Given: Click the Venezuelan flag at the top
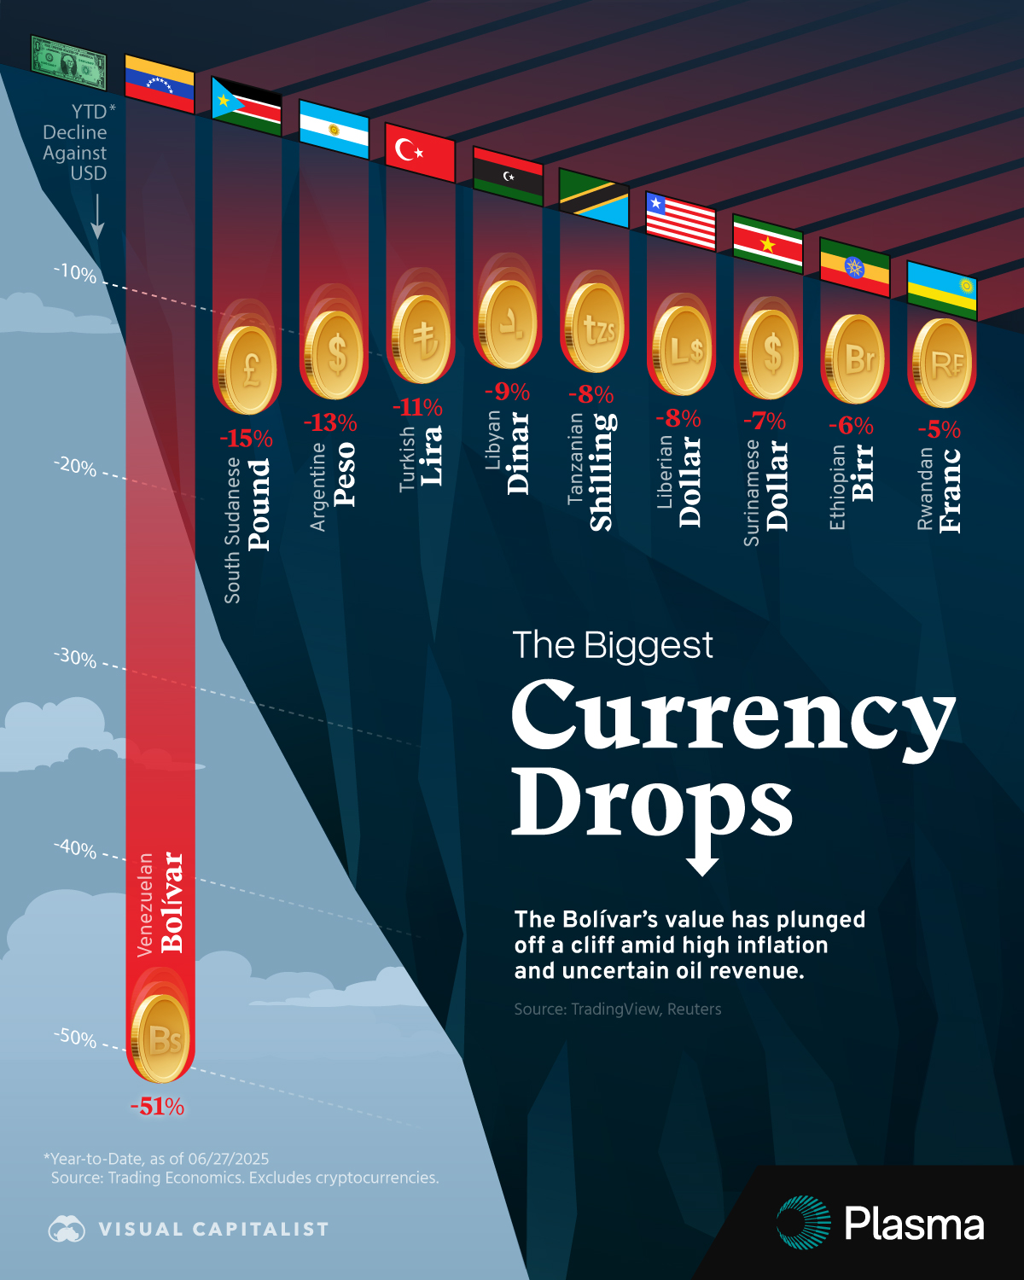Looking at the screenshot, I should pyautogui.click(x=160, y=84).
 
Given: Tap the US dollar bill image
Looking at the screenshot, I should pyautogui.click(x=68, y=62).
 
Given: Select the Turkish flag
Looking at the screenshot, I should pyautogui.click(x=420, y=152).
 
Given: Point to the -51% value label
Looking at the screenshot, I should pyautogui.click(x=157, y=1107).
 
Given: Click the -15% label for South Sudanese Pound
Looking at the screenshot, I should pyautogui.click(x=246, y=439).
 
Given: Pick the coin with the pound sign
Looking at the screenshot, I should pyautogui.click(x=249, y=369).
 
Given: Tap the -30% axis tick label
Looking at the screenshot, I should pyautogui.click(x=76, y=658).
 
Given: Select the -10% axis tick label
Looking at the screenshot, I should pyautogui.click(x=76, y=273).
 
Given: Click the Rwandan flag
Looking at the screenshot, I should pyautogui.click(x=941, y=290).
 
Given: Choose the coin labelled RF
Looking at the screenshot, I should pyautogui.click(x=944, y=364).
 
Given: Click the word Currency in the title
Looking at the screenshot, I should pyautogui.click(x=732, y=715).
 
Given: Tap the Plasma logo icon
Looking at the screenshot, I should pyautogui.click(x=803, y=1223).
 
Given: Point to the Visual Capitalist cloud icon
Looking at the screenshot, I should pyautogui.click(x=67, y=1229).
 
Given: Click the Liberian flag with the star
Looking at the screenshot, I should pyautogui.click(x=680, y=221).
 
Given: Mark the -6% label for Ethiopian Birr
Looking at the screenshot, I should pyautogui.click(x=851, y=425).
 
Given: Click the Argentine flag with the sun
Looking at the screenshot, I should pyautogui.click(x=334, y=130).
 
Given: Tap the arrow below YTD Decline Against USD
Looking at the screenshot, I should pyautogui.click(x=97, y=217).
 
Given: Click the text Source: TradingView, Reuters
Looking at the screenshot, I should pyautogui.click(x=618, y=1009).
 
